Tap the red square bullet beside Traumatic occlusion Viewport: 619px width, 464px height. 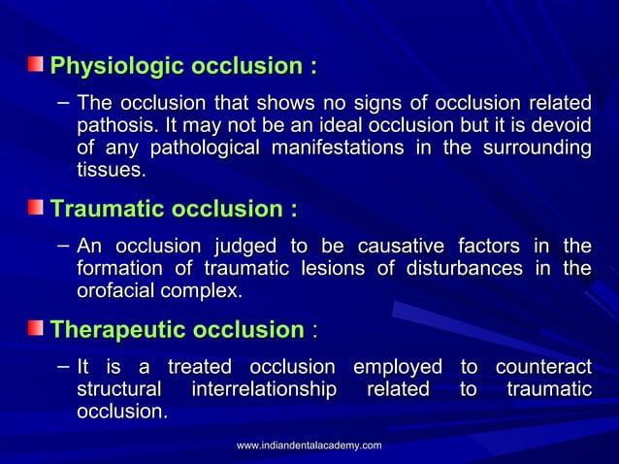point(35,208)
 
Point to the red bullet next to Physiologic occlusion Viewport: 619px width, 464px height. point(35,66)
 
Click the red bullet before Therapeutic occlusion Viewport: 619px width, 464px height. point(35,329)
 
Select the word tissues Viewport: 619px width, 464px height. point(111,171)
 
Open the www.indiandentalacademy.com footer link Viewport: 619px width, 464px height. point(309,445)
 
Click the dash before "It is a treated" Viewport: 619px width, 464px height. point(62,366)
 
